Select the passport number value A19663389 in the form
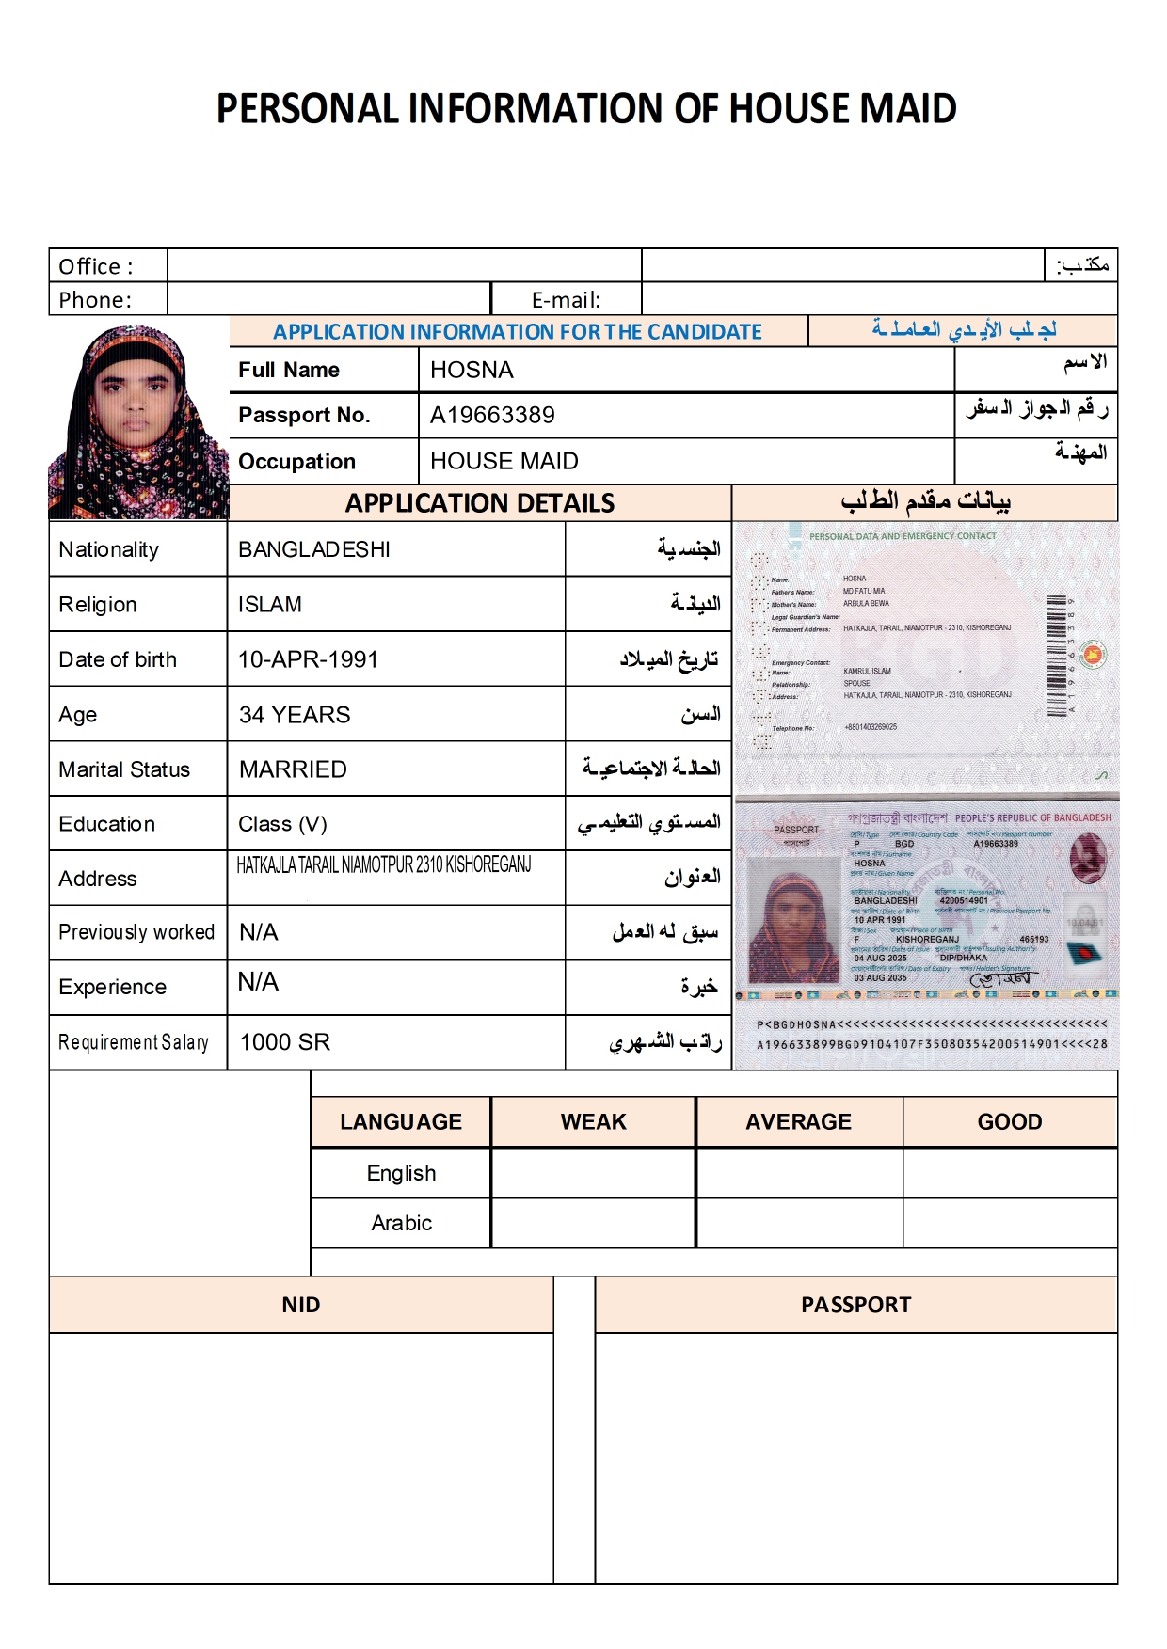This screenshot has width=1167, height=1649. point(492,415)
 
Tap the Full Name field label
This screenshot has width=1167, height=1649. point(289,370)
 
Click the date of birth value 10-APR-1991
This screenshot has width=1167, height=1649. point(308,659)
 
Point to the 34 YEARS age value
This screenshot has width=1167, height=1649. point(295,715)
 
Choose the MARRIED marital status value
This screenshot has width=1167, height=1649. point(293,769)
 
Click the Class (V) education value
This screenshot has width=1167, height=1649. point(282,824)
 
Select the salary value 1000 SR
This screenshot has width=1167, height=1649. point(285,1042)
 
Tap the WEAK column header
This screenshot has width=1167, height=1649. point(593,1121)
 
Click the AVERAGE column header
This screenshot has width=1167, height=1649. point(798,1121)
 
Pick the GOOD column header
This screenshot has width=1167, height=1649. point(1009,1121)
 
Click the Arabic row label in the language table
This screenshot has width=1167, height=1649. point(401,1223)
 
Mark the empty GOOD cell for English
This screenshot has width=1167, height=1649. point(1010,1173)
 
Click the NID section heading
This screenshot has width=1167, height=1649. point(301,1305)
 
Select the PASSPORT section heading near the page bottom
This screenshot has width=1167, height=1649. point(855,1305)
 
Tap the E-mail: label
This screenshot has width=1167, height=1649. point(566,300)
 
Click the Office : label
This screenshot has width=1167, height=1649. point(96,266)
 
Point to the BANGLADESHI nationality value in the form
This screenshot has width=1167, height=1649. point(314,549)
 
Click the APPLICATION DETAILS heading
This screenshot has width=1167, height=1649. point(480,503)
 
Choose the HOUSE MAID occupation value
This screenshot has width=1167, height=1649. point(504,461)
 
